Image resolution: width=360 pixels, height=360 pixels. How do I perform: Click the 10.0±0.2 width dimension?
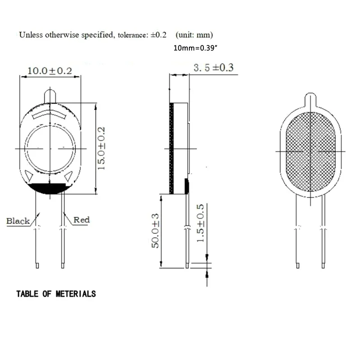pos(50,71)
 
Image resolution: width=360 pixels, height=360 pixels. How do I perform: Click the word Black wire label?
pos(18,220)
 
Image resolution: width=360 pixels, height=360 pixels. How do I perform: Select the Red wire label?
pos(81,220)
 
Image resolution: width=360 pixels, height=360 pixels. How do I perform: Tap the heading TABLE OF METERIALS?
pos(56,294)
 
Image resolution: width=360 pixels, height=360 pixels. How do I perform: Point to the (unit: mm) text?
pos(194,35)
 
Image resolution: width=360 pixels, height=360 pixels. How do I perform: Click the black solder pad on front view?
pos(49,189)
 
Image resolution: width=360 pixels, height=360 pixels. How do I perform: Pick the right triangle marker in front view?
pos(69,176)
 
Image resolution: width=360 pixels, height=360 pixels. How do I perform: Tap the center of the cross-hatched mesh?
pos(311,152)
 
